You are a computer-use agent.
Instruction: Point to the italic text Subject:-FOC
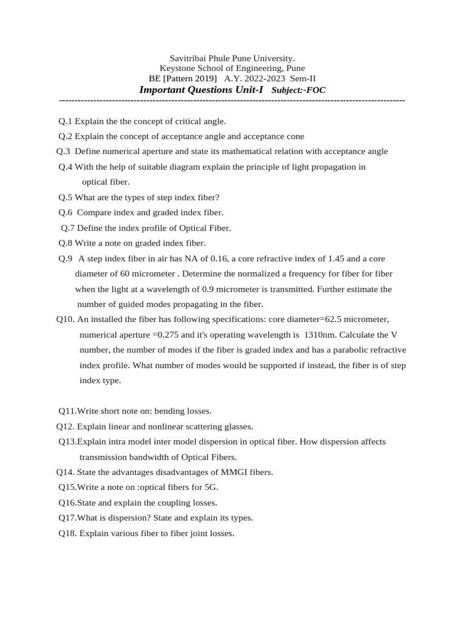299,90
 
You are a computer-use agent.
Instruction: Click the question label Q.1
65,121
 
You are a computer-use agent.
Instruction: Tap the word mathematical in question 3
237,151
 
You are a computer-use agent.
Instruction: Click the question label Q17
67,517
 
